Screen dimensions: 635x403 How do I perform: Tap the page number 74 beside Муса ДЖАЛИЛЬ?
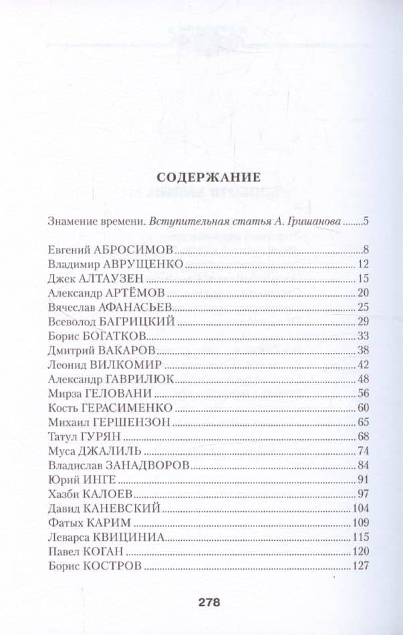(x=365, y=450)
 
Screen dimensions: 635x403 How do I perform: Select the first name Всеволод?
(x=70, y=322)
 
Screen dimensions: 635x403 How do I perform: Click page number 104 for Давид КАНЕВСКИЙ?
(x=362, y=508)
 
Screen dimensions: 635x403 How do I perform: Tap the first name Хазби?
(x=63, y=494)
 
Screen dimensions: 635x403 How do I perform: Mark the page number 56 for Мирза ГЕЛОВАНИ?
(x=365, y=393)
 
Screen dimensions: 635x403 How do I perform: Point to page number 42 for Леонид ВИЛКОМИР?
(x=365, y=364)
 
